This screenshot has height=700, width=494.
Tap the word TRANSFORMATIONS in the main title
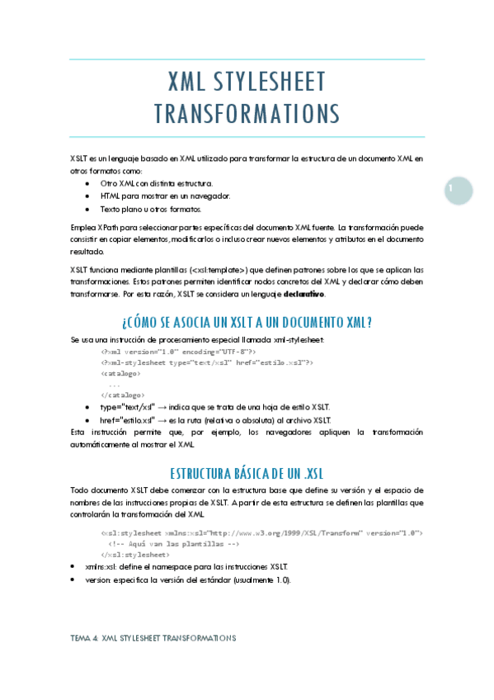(x=247, y=112)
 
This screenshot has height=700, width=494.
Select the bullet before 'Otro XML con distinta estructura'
(x=87, y=183)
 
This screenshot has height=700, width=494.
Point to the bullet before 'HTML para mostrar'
(x=87, y=196)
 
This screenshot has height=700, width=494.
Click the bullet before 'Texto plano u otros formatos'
(x=87, y=210)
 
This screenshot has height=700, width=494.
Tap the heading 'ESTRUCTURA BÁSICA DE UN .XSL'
(x=247, y=474)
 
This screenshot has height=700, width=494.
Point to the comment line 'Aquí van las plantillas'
(x=173, y=545)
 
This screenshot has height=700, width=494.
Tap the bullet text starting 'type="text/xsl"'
(x=215, y=408)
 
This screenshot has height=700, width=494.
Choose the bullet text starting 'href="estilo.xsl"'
(x=215, y=420)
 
